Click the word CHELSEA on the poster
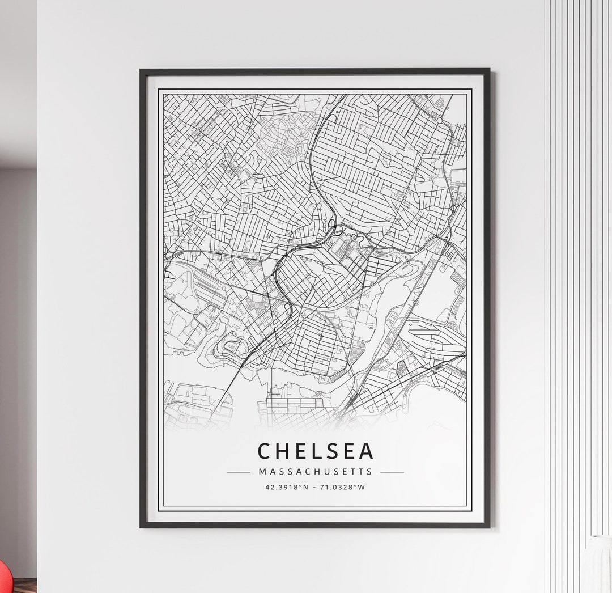point(316,451)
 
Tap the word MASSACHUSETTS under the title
point(316,472)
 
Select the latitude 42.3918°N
point(287,486)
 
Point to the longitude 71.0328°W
point(343,486)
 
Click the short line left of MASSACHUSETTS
point(238,472)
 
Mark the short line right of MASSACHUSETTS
point(392,472)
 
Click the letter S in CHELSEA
point(334,451)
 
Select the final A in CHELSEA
point(367,451)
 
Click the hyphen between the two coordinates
point(315,486)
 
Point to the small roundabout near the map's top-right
point(439,120)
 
